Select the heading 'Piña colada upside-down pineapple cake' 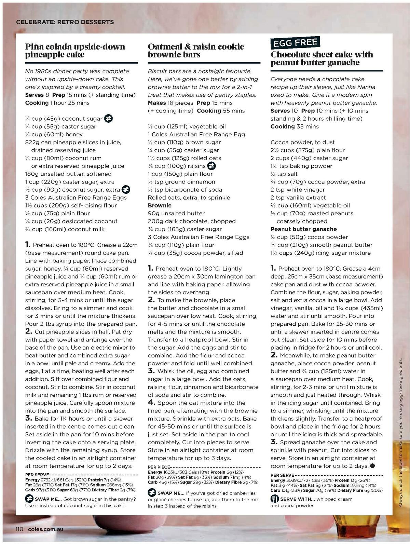click(x=75, y=51)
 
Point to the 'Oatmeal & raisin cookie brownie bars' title click(x=196, y=51)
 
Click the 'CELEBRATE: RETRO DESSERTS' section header click(x=65, y=22)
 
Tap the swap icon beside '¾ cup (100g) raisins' click(x=212, y=166)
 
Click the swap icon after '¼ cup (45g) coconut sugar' click(x=109, y=119)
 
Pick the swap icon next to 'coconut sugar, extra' click(x=126, y=190)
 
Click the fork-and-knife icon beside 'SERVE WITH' click(x=275, y=499)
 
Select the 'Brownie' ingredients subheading click(x=160, y=205)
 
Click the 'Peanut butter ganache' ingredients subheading click(x=303, y=229)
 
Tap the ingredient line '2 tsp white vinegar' click(x=298, y=190)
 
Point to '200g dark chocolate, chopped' click(x=192, y=221)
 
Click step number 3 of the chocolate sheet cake click(x=274, y=442)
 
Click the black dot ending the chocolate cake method click(x=372, y=466)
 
